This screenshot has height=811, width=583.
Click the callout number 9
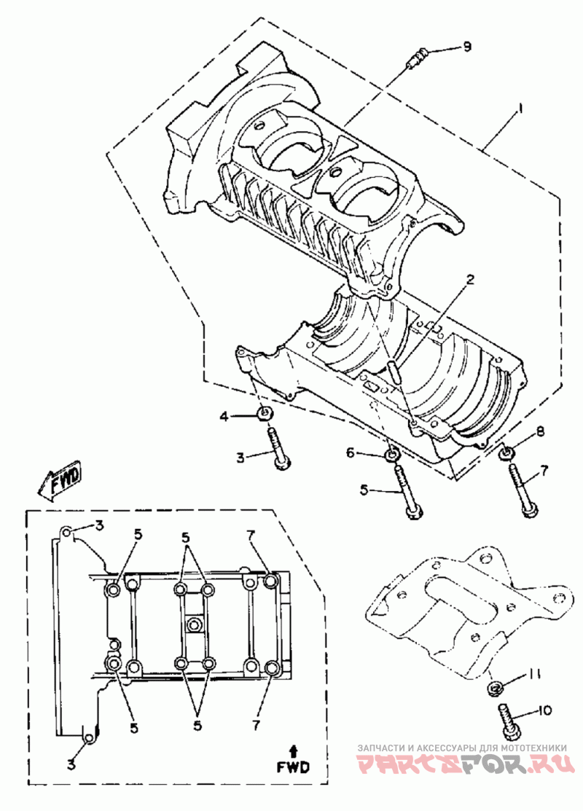(x=466, y=47)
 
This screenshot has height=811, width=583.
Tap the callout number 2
(x=471, y=279)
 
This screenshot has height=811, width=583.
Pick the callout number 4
(x=225, y=416)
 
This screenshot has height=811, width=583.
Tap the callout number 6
(x=351, y=453)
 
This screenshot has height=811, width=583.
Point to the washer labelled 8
(x=505, y=454)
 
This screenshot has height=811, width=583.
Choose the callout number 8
(x=540, y=432)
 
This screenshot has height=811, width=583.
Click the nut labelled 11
(x=498, y=686)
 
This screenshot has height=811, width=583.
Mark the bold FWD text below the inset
(x=292, y=767)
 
